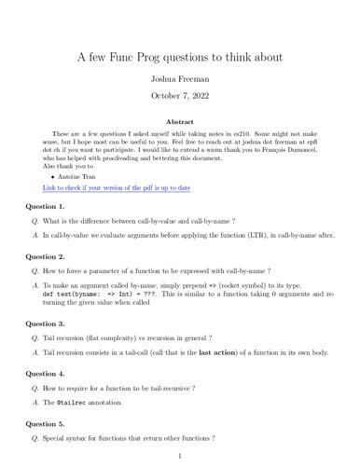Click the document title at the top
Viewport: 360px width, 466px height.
tap(180, 58)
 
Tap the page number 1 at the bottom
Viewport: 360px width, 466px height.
tap(180, 458)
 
